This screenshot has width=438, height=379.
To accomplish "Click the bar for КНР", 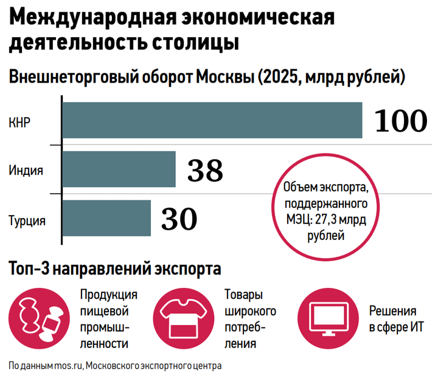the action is (212, 120).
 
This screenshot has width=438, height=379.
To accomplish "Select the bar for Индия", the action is (119, 169).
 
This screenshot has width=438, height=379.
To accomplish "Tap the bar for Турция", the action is (106, 218).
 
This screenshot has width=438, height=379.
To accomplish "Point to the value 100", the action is (401, 120).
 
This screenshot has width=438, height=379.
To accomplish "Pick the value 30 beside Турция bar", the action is (179, 219).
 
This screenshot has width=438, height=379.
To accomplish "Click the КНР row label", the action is (19, 123).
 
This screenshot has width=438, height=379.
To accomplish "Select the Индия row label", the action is (26, 170).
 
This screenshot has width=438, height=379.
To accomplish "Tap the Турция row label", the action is (27, 221).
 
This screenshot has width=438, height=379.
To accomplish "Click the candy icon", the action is (39, 318).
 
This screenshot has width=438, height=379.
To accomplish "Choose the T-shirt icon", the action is (184, 318).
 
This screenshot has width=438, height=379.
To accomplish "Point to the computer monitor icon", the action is (328, 318).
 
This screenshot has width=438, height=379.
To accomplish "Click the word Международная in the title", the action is (93, 17).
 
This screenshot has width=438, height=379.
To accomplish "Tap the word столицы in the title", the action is (195, 43).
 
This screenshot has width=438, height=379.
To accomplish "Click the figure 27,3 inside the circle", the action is (325, 220).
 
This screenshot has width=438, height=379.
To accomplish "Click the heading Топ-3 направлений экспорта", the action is (115, 269).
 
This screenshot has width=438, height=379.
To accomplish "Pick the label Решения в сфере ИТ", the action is (397, 319).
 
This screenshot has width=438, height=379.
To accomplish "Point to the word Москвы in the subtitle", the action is (225, 77).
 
